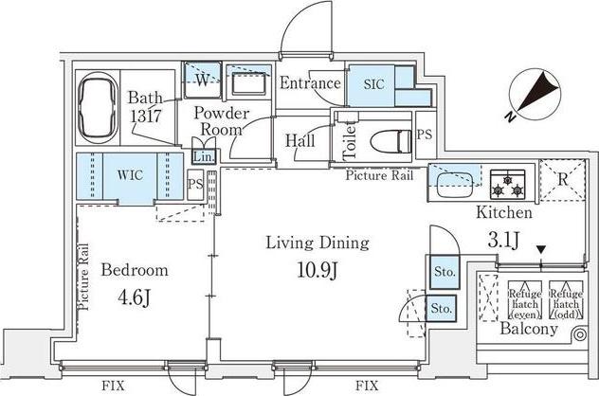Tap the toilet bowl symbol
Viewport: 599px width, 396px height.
[x=390, y=141]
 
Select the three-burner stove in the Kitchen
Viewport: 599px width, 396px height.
[x=508, y=184]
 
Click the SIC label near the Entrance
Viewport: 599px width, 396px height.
[x=373, y=84]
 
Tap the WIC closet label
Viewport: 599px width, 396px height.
[x=130, y=175]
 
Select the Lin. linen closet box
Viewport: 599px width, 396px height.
[x=204, y=156]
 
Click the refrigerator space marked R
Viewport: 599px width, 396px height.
[x=562, y=180]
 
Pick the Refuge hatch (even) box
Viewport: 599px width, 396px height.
[x=525, y=300]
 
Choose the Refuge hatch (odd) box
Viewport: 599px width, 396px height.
[x=566, y=300]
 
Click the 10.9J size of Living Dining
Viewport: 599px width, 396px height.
[x=318, y=270]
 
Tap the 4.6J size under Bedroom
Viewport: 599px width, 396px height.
[x=135, y=297]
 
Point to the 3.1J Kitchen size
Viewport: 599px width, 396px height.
[x=503, y=240]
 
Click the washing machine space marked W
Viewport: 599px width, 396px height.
[x=203, y=80]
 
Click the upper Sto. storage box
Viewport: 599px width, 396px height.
[x=445, y=272]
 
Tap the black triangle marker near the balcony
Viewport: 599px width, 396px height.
[x=541, y=250]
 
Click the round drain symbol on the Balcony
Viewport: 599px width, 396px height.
[x=580, y=335]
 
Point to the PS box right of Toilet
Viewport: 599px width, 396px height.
[x=425, y=135]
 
